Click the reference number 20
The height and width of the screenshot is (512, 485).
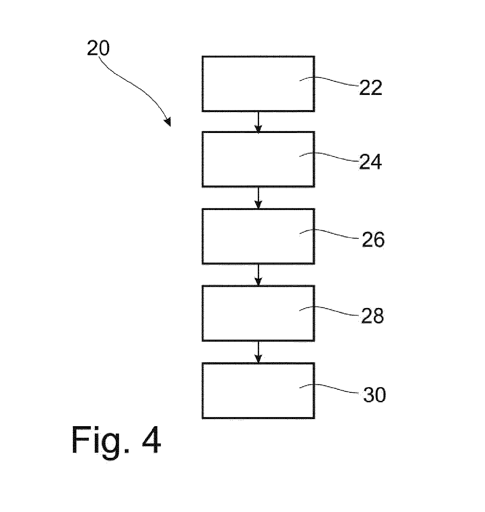tap(98, 48)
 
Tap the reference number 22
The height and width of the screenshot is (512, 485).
tap(371, 88)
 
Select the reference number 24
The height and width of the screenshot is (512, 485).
tap(371, 162)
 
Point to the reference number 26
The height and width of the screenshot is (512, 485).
tap(373, 240)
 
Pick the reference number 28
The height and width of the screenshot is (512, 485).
tap(372, 316)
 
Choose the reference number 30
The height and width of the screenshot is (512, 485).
tap(374, 395)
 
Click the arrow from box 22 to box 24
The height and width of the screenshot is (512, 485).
tap(258, 122)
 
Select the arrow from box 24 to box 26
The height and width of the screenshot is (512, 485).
tap(258, 198)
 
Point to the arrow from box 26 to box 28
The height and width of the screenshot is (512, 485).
tap(258, 275)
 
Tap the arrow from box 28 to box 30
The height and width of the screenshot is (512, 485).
tap(258, 352)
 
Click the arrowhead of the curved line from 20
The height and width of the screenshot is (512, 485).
tap(168, 122)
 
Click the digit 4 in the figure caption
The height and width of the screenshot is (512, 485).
tap(151, 440)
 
